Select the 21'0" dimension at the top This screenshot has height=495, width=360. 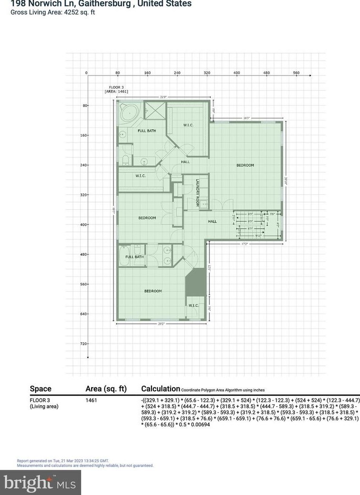click(x=163, y=97)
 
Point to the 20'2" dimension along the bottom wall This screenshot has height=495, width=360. click(x=161, y=324)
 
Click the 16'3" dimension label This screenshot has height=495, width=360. click(x=246, y=118)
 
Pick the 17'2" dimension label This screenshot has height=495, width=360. click(x=245, y=244)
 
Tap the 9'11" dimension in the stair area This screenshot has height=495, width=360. click(x=258, y=235)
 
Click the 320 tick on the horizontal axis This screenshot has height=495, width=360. click(x=207, y=73)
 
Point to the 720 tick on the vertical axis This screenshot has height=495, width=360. click(x=85, y=344)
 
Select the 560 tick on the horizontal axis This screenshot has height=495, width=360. click(x=296, y=73)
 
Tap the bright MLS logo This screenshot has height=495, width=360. click(x=40, y=483)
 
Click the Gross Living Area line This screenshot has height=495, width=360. click(x=53, y=12)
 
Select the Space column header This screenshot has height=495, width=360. click(x=40, y=389)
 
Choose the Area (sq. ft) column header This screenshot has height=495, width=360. click(x=106, y=389)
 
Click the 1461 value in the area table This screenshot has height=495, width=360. click(x=91, y=401)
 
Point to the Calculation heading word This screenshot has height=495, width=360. click(x=161, y=389)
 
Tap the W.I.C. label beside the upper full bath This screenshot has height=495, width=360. click(x=188, y=125)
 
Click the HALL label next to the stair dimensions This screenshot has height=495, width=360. click(x=212, y=221)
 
